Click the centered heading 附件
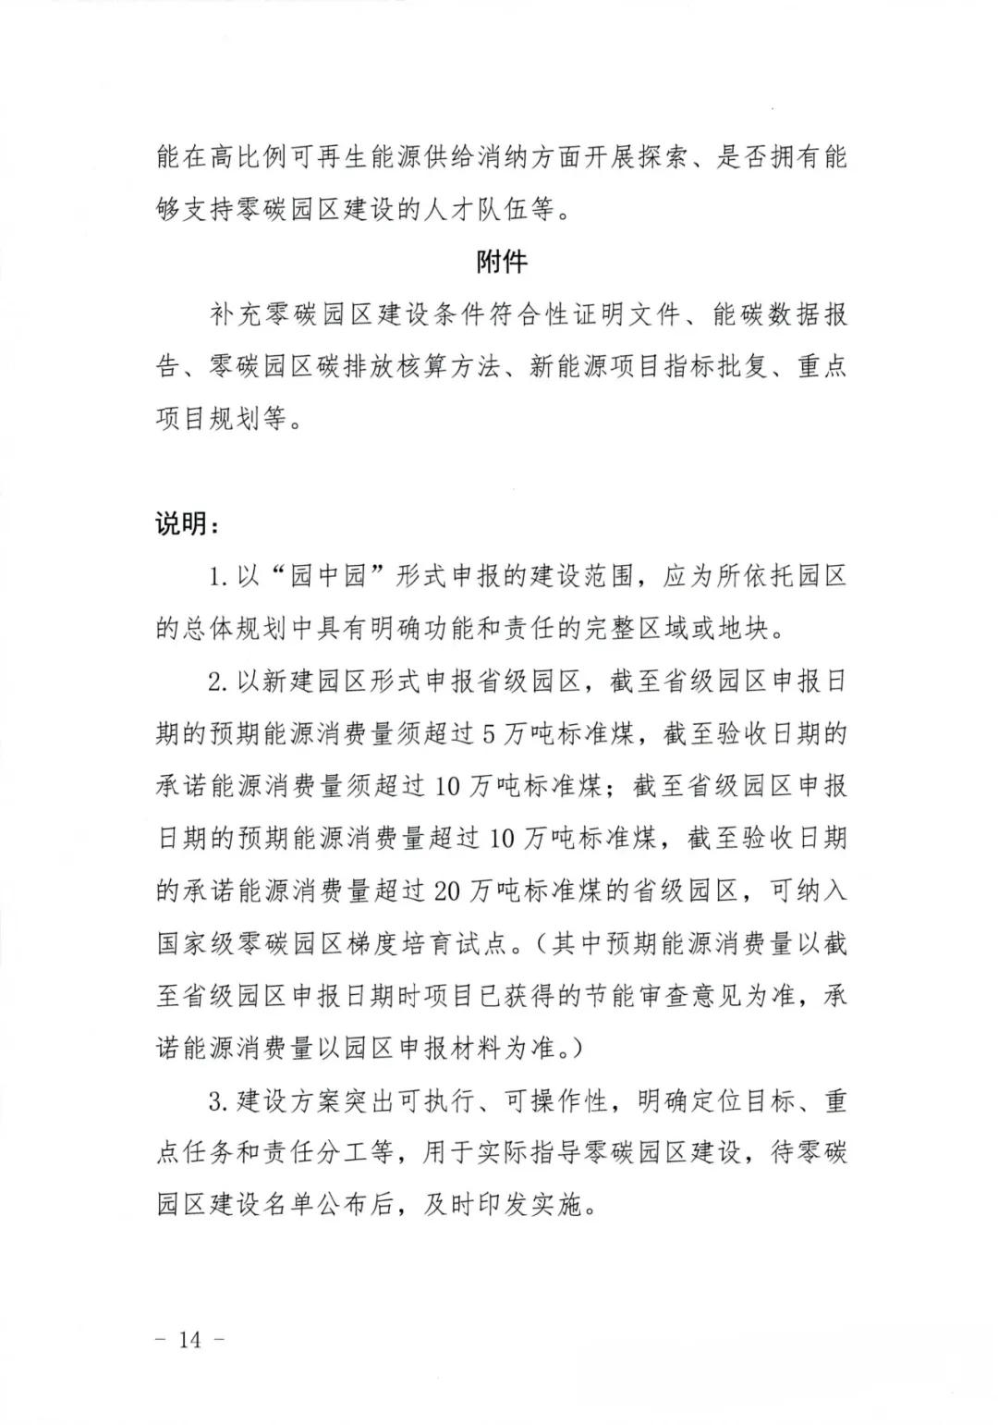pyautogui.click(x=502, y=263)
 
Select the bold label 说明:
pyautogui.click(x=186, y=524)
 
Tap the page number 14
pyautogui.click(x=189, y=1339)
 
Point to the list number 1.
pyautogui.click(x=217, y=578)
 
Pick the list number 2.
pyautogui.click(x=217, y=682)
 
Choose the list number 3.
pyautogui.click(x=217, y=1101)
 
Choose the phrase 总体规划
pyautogui.click(x=236, y=630)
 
